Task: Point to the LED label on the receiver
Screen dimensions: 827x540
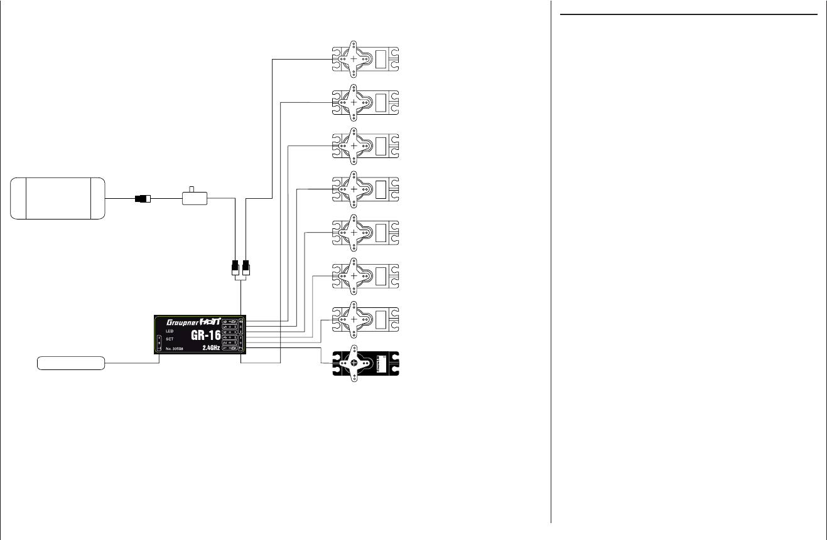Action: pyautogui.click(x=169, y=331)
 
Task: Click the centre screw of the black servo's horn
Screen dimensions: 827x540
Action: pyautogui.click(x=354, y=362)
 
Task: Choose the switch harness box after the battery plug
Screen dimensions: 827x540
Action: pyautogui.click(x=195, y=199)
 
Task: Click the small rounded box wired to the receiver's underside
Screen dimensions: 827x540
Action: pyautogui.click(x=71, y=363)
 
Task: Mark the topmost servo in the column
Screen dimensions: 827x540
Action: pyautogui.click(x=365, y=59)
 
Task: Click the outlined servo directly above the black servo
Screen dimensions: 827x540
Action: pyautogui.click(x=365, y=319)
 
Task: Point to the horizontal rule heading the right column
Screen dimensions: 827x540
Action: pyautogui.click(x=688, y=14)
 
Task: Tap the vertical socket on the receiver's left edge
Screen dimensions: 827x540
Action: pyautogui.click(x=159, y=343)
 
